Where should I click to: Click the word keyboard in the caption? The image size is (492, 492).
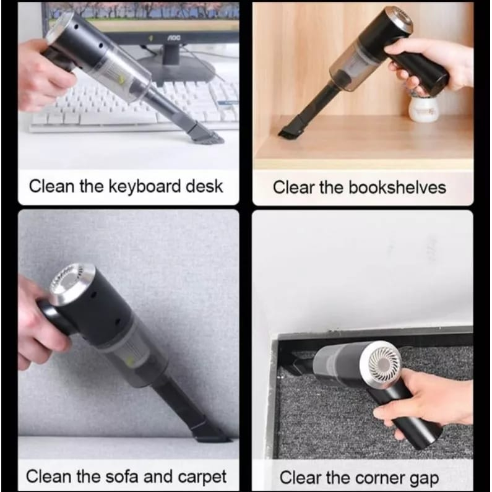pos(145,187)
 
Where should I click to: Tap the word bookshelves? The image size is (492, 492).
pos(397,188)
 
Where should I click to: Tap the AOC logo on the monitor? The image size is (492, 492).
pos(173,37)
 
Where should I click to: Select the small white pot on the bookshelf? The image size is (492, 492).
pos(423,108)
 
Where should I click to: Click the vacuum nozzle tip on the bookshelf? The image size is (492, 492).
pos(288,129)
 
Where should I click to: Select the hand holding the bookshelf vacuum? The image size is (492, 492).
pos(431,65)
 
